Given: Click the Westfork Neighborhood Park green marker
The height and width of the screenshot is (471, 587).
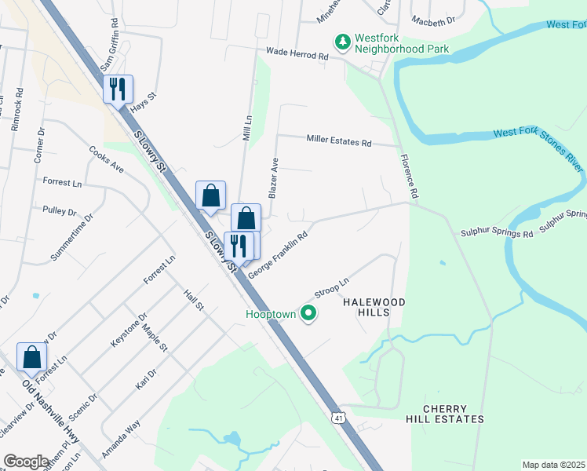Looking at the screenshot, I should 342,41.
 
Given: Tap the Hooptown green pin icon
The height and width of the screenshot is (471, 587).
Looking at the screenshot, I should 308,314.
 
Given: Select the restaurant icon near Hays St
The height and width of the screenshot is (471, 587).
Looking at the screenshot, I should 118,89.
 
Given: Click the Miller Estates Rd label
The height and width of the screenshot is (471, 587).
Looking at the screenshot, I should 338,142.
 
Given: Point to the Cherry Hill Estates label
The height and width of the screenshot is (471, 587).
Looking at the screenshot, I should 454,414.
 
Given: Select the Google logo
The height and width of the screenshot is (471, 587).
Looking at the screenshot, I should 26,462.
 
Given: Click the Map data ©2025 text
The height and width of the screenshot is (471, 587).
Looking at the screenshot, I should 553,465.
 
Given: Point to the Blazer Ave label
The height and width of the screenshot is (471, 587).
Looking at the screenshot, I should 274,177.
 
